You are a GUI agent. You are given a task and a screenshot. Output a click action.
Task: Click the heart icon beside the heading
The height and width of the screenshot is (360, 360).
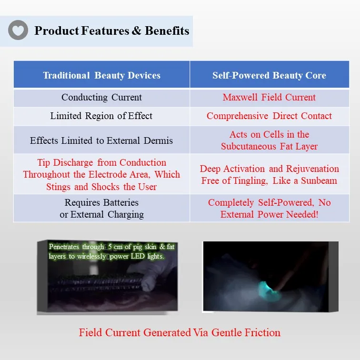click(x=18, y=31)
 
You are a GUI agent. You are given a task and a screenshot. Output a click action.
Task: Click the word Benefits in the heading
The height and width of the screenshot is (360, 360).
click(x=167, y=31)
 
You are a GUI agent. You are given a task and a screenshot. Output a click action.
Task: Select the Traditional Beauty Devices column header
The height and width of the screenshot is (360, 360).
click(x=101, y=75)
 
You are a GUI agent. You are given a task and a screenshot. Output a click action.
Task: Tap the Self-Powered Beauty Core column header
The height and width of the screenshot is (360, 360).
click(x=269, y=75)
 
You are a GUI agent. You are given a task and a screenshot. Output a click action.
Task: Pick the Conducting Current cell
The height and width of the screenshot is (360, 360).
click(x=101, y=97)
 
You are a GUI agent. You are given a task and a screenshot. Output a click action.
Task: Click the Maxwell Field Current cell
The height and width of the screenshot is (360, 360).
click(x=269, y=97)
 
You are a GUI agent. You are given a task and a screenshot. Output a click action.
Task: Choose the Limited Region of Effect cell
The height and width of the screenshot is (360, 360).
click(x=101, y=116)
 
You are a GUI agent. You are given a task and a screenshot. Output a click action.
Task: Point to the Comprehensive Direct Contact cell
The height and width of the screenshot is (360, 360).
click(x=269, y=116)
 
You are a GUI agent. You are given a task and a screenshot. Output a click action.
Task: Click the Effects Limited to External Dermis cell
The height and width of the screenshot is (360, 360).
click(x=101, y=140)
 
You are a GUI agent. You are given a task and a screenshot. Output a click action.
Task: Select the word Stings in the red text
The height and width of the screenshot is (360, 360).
click(x=58, y=187)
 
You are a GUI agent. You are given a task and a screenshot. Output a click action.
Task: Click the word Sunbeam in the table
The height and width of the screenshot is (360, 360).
click(x=318, y=180)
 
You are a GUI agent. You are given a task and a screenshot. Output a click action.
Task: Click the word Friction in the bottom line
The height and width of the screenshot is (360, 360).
click(x=257, y=332)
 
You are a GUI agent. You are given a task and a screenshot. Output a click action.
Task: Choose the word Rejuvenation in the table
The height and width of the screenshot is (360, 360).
click(x=312, y=169)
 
